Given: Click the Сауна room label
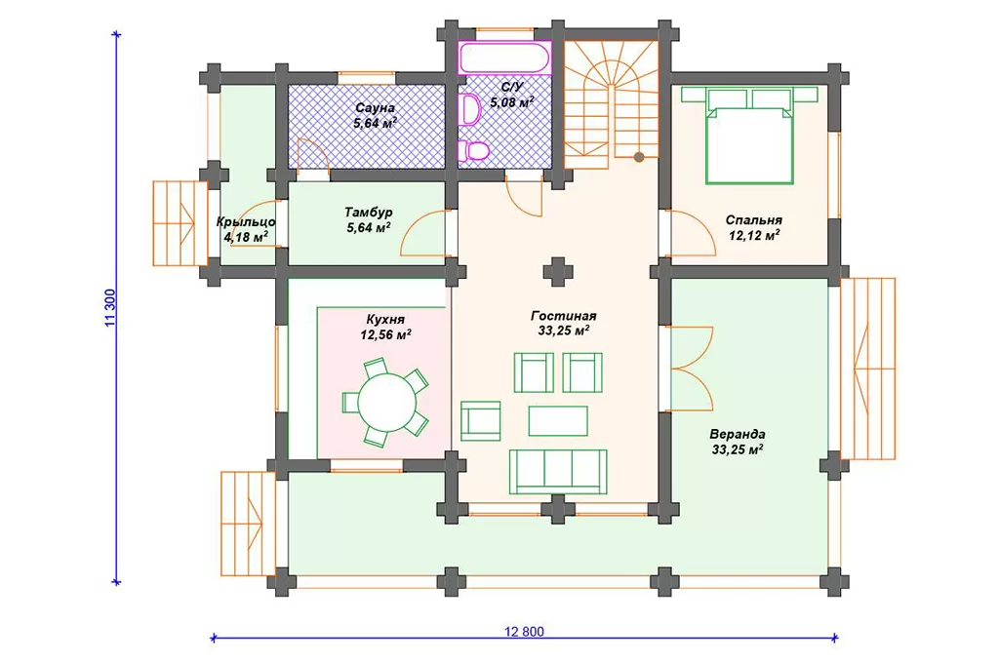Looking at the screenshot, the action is coord(375,108).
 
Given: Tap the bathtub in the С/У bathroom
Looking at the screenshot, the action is coord(504,58).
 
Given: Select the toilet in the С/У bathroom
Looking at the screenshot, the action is coord(473,151).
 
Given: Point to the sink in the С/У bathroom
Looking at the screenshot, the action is coord(469,109).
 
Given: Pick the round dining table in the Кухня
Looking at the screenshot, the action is coord(386,403).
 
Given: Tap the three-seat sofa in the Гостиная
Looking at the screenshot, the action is coord(558,472).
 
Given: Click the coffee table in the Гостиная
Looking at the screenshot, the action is coord(558,421).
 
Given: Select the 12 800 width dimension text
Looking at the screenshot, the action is coord(524,632).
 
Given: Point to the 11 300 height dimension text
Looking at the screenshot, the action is coord(109,308).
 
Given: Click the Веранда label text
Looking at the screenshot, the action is coord(738,434).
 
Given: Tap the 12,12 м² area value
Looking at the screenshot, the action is coord(754,236).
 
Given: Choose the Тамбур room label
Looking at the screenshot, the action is coord(368,213).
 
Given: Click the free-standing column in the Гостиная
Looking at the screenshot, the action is coord(558,272).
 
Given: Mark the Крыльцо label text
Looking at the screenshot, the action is coord(246,222).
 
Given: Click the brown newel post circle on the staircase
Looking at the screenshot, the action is coord(638,157).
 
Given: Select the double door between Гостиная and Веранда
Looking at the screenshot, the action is coord(691,369).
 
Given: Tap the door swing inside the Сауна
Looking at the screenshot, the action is coord(312,153).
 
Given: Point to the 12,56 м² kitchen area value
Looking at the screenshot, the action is coord(385,334).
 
